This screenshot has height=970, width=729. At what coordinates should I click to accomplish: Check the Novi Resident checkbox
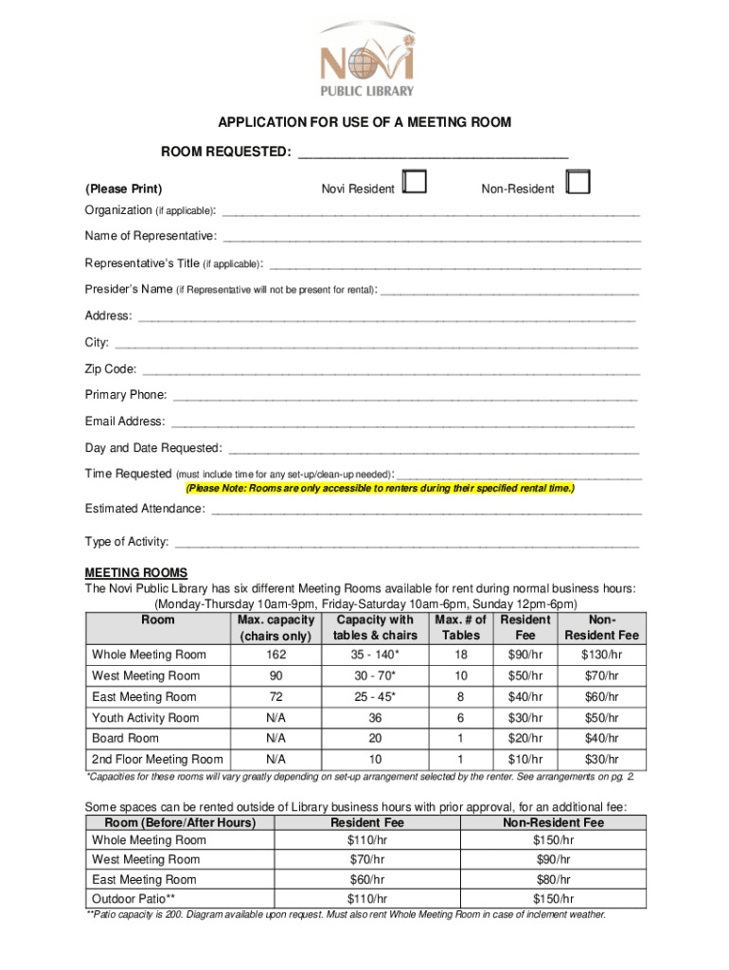(414, 182)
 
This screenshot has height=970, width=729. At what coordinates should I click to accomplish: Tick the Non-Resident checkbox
(578, 182)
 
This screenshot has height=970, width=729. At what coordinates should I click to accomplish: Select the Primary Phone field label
(126, 395)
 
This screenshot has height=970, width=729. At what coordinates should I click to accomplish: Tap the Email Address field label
(124, 422)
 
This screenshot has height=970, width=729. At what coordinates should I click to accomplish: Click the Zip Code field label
(111, 368)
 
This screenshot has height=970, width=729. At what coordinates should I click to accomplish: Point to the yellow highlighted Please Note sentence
(380, 489)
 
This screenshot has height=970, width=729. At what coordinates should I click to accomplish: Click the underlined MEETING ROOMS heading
(136, 573)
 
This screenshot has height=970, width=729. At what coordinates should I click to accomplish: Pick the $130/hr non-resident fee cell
(601, 655)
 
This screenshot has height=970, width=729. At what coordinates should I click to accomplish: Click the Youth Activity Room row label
(145, 718)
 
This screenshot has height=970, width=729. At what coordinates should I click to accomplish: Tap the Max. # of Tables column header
(461, 627)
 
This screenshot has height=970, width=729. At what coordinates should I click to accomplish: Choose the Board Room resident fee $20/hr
(525, 738)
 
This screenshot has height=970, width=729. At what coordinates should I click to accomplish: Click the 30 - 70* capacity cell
(375, 675)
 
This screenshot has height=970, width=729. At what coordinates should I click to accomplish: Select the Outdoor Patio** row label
(133, 898)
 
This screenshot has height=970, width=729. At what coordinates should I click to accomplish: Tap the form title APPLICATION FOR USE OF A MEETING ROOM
(364, 122)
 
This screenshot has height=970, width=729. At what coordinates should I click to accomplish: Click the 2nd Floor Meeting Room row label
(157, 759)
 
